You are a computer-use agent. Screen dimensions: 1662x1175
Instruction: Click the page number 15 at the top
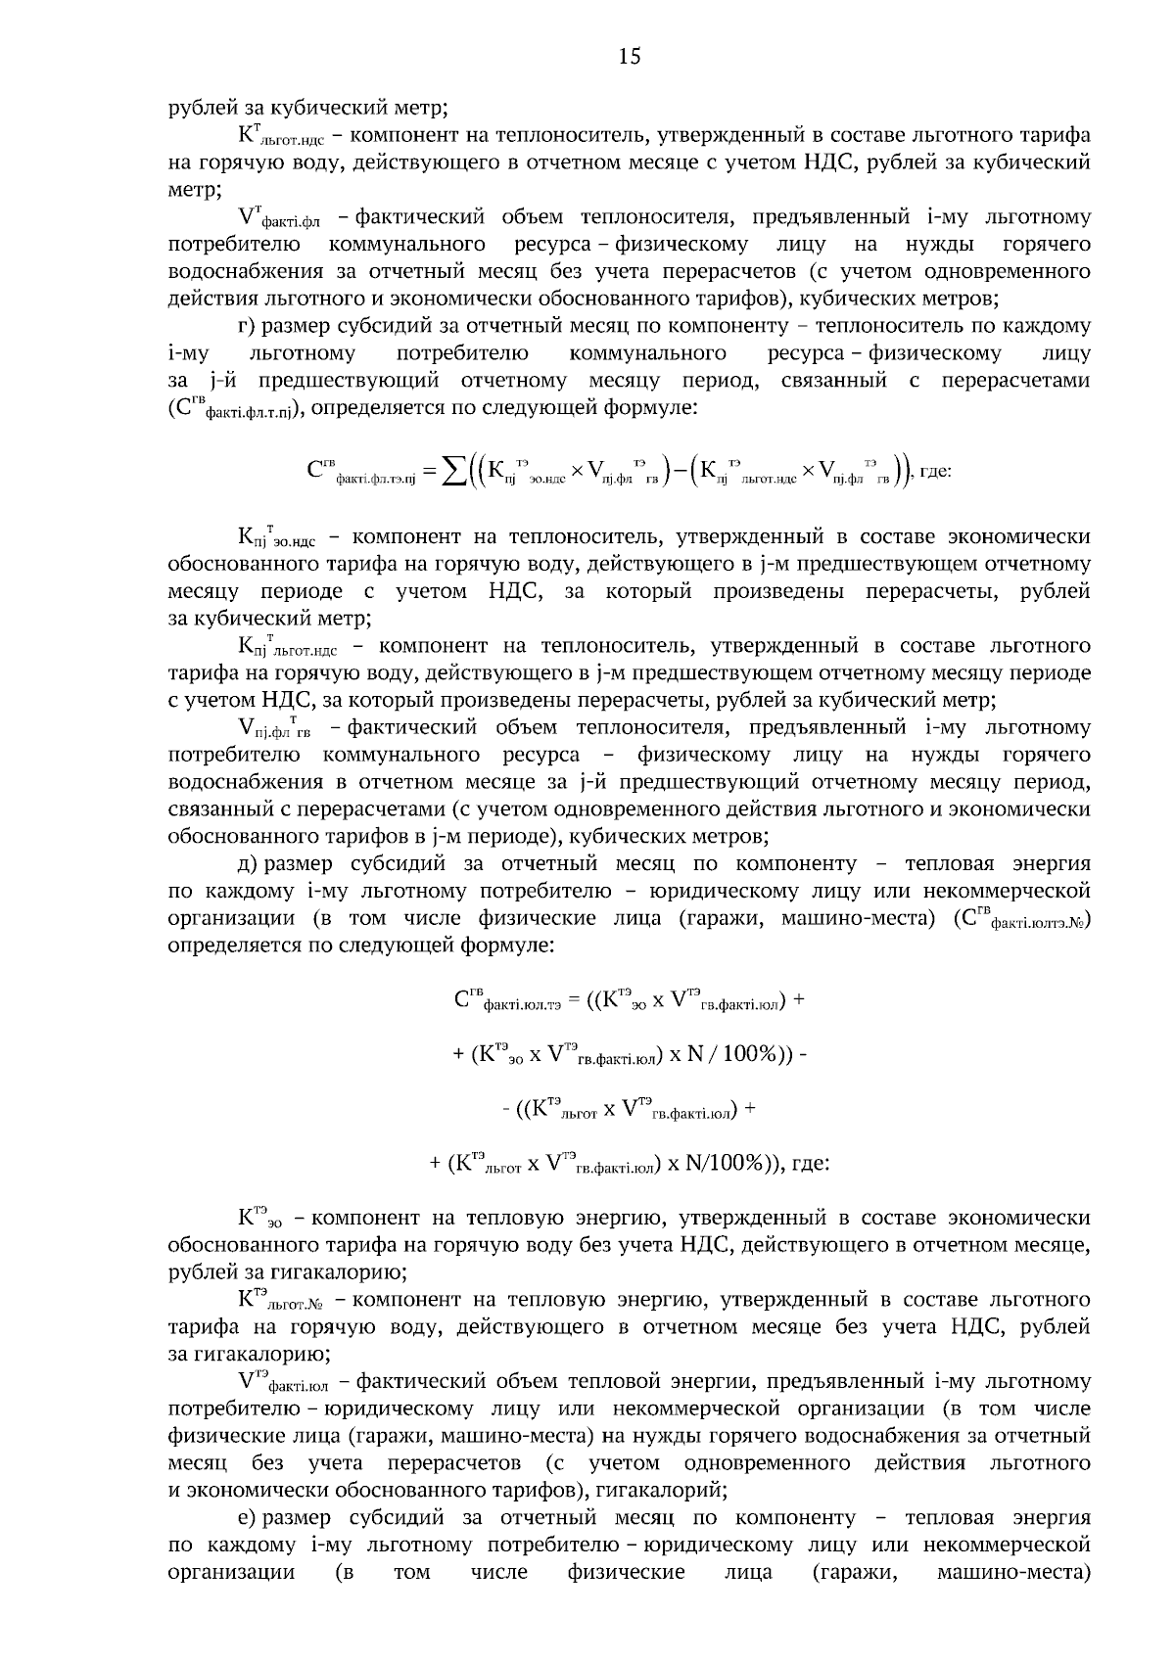click(630, 57)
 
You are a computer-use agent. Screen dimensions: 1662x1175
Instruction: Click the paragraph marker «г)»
click(247, 325)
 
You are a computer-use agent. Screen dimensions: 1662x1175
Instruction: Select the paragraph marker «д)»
click(247, 864)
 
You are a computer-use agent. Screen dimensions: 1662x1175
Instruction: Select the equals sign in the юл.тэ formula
click(574, 1000)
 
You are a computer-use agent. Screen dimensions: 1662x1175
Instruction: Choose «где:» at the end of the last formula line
click(810, 1164)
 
